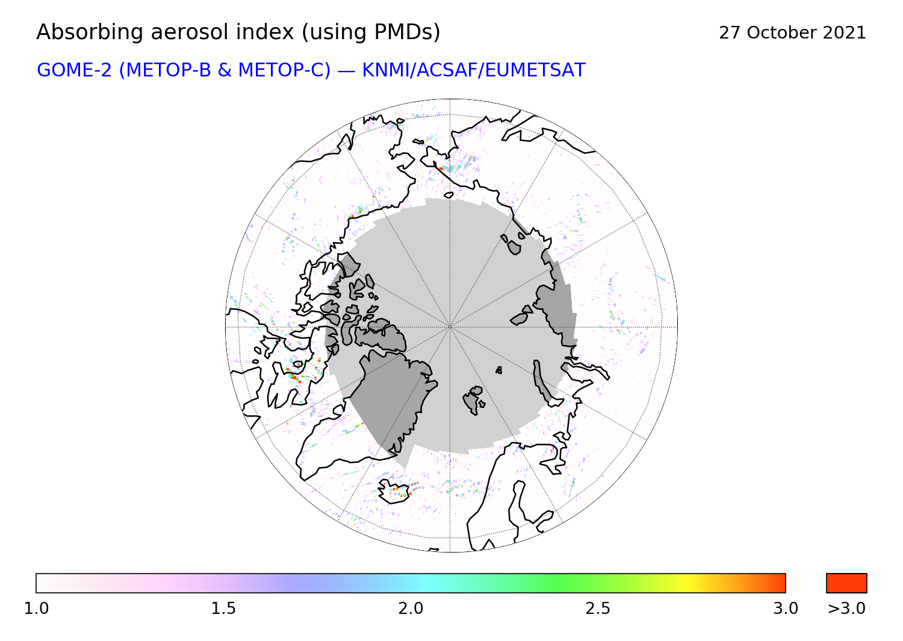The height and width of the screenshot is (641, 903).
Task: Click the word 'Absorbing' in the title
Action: (90, 33)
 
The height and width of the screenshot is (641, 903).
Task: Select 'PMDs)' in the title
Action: (407, 33)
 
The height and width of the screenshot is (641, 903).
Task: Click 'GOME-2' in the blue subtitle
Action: (74, 70)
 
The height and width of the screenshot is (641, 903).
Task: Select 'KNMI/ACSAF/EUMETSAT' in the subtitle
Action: (474, 70)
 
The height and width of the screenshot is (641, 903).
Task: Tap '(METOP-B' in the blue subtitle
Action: (166, 70)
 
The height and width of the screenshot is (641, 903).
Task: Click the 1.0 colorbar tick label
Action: (36, 608)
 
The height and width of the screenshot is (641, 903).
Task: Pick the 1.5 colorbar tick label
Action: (224, 608)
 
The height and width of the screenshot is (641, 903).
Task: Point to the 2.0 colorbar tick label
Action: (411, 608)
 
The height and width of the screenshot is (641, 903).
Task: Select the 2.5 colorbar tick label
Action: (598, 608)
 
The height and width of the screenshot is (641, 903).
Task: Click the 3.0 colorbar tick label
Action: (786, 608)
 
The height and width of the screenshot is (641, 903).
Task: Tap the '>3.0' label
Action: (846, 608)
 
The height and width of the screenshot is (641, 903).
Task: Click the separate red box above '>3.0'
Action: (846, 583)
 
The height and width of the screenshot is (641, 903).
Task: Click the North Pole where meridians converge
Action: (450, 327)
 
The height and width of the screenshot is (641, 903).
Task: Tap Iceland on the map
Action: (395, 492)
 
